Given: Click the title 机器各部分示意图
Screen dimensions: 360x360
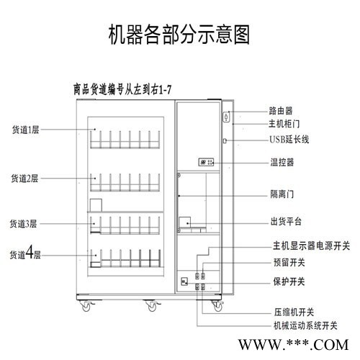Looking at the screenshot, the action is pos(179,35).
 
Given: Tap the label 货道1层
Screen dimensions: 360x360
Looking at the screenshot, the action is pos(26,130).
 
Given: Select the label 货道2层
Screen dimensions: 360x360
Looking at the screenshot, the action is pos(24,179).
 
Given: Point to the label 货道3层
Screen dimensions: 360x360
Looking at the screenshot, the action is pos(23,224).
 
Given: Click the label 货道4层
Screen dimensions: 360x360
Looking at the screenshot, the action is pos(25,253).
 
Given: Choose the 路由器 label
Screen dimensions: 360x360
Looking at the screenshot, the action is pos(281,111).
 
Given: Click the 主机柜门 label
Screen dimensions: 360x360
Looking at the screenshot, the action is pos(284,124).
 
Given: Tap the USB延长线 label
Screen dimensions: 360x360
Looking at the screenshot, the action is pos(289,139).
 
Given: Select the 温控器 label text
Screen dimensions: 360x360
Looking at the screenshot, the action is pos(282,162).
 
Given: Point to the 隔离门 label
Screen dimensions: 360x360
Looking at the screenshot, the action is pos(282,194).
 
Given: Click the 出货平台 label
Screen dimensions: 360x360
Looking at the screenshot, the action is pos(286,221).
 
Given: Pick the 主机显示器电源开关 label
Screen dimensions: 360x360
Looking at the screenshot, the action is pos(311,246).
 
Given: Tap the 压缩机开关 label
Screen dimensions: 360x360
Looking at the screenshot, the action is pos(294,312).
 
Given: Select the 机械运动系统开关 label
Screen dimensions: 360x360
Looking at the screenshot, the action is pos(306,326).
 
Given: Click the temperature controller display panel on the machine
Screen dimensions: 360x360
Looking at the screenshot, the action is pos(206,162).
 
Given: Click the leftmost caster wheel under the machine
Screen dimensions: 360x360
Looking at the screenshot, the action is pos(86,306).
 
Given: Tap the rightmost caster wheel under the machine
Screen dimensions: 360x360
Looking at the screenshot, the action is pos(217,306).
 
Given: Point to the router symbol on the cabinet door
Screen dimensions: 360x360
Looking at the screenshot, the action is pos(226,117).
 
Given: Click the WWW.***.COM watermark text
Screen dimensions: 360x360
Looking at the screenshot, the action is pos(293,345).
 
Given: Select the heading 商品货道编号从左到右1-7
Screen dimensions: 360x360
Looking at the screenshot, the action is pos(122,90).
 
